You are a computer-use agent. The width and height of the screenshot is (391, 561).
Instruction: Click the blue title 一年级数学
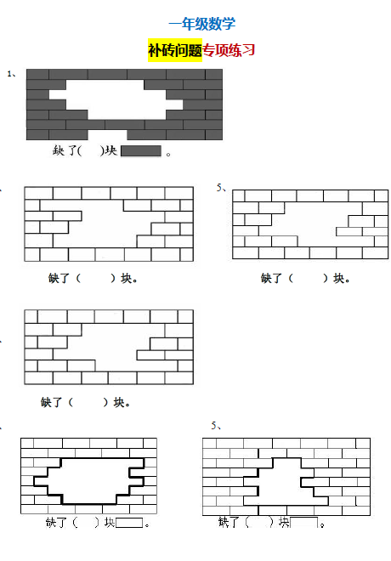202,24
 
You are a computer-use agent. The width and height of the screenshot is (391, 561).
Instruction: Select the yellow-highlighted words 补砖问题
175,50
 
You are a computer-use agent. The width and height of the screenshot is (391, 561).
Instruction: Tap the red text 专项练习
229,50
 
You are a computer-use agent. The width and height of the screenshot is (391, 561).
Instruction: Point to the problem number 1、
11,74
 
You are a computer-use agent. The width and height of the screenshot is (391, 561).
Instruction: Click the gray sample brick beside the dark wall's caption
141,151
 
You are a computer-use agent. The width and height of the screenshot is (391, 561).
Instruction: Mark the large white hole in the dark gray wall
116,99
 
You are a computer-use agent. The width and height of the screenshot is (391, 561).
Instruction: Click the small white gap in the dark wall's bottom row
107,134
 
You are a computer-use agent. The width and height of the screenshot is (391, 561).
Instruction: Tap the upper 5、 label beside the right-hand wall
221,188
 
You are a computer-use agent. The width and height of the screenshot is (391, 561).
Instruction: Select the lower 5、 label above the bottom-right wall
216,426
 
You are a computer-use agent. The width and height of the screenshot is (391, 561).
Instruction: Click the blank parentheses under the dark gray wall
91,150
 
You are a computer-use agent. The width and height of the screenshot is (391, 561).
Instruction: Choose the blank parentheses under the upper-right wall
309,278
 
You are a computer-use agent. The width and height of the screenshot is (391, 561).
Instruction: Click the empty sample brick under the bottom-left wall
129,523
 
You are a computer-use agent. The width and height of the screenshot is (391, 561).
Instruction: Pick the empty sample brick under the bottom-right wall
304,522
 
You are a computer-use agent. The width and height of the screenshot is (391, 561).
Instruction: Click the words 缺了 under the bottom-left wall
56,523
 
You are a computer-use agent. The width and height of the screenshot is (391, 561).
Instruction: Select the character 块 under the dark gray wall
111,150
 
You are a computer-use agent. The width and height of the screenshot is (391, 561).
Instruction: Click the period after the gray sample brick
168,154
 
